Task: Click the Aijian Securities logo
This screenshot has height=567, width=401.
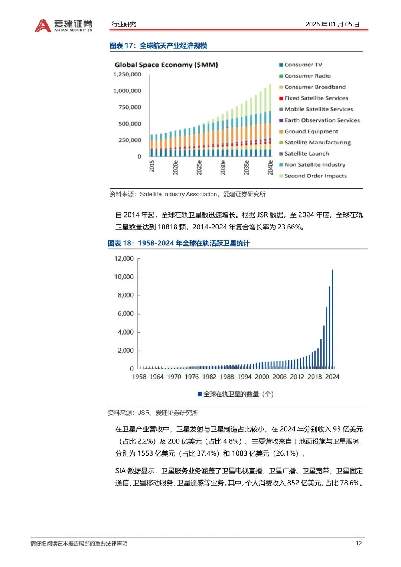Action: pyautogui.click(x=63, y=25)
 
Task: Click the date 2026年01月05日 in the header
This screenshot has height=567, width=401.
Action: pyautogui.click(x=332, y=24)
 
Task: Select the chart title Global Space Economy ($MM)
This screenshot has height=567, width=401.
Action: pyautogui.click(x=166, y=65)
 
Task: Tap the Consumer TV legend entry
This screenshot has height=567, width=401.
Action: pyautogui.click(x=303, y=65)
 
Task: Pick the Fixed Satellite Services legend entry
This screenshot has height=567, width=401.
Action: pyautogui.click(x=316, y=98)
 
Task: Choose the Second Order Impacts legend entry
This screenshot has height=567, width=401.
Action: pyautogui.click(x=315, y=176)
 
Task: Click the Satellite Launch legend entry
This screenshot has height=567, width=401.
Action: pyautogui.click(x=306, y=153)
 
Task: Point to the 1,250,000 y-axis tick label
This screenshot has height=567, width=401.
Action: pyautogui.click(x=127, y=74)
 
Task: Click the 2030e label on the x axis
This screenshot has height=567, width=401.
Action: pyautogui.click(x=223, y=167)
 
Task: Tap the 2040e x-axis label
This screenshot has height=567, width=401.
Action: pyautogui.click(x=270, y=167)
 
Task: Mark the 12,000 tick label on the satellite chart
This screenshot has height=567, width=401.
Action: pyautogui.click(x=124, y=258)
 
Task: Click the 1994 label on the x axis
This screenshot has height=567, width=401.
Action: pyautogui.click(x=244, y=377)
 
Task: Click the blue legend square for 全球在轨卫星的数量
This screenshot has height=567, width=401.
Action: pyautogui.click(x=200, y=394)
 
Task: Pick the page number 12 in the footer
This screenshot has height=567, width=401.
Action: pyautogui.click(x=358, y=543)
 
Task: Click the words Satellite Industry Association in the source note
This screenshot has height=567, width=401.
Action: pyautogui.click(x=179, y=194)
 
